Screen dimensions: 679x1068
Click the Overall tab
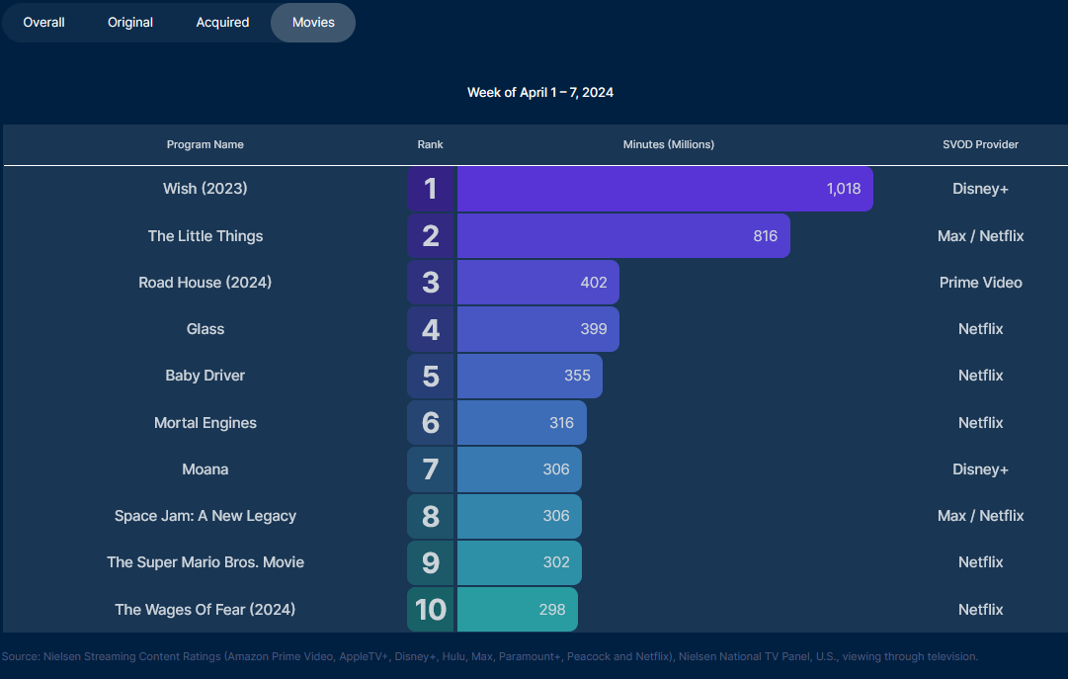pos(44,22)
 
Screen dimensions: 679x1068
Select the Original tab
pos(130,22)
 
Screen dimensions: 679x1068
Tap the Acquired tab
pos(222,22)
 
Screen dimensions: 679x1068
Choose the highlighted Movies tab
pos(313,22)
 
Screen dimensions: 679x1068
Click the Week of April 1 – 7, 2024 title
pos(540,92)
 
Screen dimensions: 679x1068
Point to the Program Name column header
pos(205,144)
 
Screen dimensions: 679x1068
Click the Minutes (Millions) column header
pos(668,144)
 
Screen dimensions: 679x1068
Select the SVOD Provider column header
pos(980,144)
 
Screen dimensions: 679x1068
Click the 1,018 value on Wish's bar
pos(843,189)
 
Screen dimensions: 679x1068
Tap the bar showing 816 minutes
pos(622,236)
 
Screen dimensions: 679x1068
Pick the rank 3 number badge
pos(431,283)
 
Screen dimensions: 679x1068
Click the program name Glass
pos(205,329)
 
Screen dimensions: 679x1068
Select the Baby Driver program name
pos(205,376)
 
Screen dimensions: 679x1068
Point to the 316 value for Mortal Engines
pos(561,423)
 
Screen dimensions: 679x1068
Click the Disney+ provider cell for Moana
pos(980,469)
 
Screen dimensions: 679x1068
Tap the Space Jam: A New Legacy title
pos(205,516)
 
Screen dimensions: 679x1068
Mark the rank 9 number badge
pos(431,562)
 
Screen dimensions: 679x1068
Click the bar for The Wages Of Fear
pos(517,610)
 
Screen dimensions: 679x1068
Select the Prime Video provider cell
pos(980,283)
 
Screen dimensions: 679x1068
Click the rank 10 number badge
pos(431,610)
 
